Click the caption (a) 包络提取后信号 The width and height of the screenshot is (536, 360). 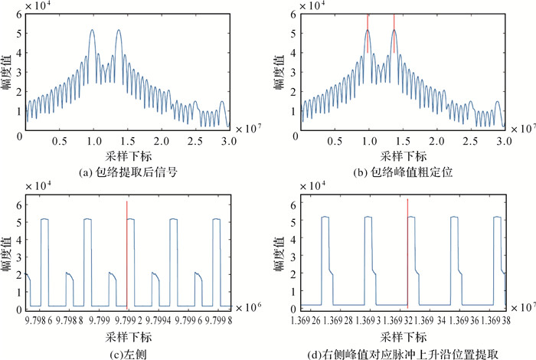[x=126, y=173]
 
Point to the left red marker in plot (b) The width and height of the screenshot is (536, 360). [x=368, y=34]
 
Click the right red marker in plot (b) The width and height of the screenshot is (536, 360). [x=394, y=34]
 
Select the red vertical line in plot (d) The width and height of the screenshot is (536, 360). [x=407, y=253]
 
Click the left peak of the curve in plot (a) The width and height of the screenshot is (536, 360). [x=92, y=31]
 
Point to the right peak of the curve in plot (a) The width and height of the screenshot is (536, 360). [x=119, y=31]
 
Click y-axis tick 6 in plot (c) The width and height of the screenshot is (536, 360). [x=18, y=200]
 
